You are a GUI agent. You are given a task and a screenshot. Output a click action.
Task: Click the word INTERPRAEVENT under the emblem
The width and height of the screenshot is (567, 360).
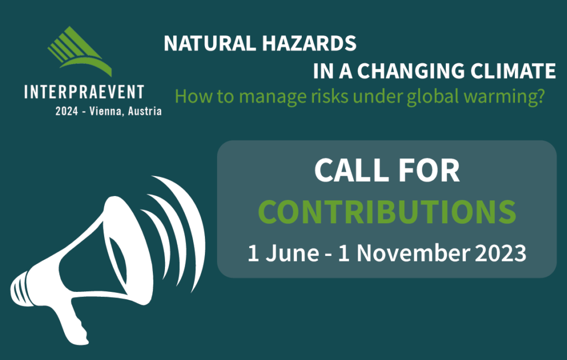pos(84,92)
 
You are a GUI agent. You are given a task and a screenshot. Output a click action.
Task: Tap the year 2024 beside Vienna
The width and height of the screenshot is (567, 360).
pos(66,111)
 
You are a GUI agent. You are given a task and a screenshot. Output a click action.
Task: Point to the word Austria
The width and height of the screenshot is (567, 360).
pos(145,111)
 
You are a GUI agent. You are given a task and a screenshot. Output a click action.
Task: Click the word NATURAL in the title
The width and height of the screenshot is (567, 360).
pos(210,43)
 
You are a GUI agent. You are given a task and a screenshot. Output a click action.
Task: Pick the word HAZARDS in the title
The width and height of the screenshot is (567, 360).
pos(309,43)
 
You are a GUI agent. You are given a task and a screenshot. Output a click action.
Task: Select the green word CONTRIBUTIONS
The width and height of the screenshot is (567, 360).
pos(387,212)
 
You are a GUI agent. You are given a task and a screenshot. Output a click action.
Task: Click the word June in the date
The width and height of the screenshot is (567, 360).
pos(292,253)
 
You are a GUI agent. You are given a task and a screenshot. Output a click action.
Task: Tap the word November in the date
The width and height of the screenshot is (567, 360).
pos(413,253)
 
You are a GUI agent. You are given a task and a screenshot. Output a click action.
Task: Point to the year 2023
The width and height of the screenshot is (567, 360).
pos(501,253)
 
